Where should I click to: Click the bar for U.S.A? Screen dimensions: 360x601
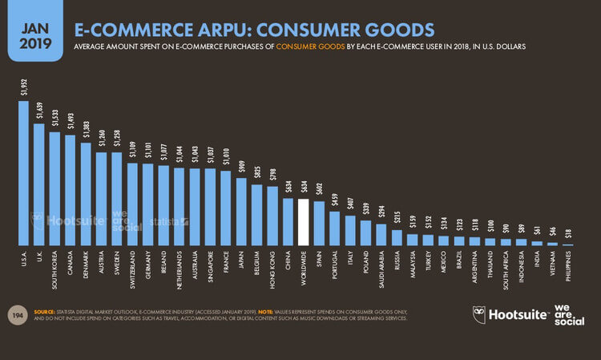click(23, 172)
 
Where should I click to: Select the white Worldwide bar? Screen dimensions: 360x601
click(303, 221)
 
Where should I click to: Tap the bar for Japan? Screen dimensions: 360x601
click(240, 211)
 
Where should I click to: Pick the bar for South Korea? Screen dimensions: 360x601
click(54, 188)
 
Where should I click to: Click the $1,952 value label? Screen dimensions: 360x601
click(23, 87)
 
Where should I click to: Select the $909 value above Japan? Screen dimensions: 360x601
click(240, 167)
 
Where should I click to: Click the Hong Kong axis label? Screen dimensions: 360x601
click(272, 265)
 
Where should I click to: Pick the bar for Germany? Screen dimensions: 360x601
click(147, 204)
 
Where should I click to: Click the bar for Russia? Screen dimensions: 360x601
click(397, 237)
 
